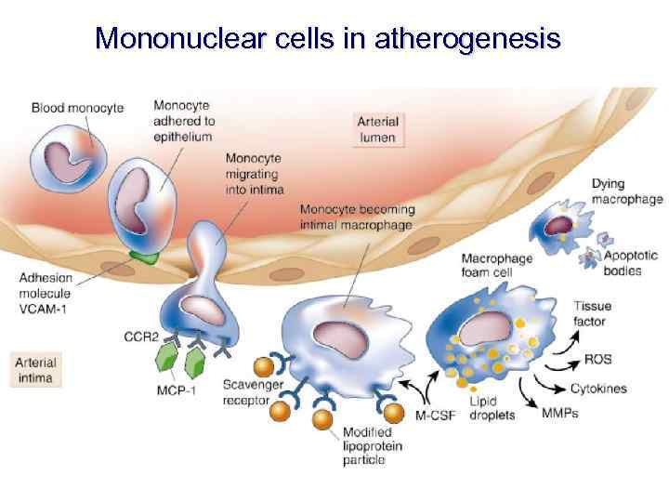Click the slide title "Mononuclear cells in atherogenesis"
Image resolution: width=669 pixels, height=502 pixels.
pyautogui.click(x=327, y=39)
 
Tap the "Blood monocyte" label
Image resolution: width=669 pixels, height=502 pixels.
pyautogui.click(x=77, y=108)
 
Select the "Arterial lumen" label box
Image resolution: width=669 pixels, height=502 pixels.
pyautogui.click(x=378, y=129)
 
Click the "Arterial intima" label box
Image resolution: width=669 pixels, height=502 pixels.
pyautogui.click(x=36, y=370)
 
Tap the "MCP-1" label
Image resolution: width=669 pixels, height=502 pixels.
pyautogui.click(x=176, y=390)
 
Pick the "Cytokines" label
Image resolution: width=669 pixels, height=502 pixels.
pyautogui.click(x=600, y=388)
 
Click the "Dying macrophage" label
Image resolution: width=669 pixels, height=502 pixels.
pyautogui.click(x=627, y=191)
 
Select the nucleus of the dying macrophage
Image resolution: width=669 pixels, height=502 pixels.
pyautogui.click(x=558, y=225)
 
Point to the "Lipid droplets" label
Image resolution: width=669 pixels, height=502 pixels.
pyautogui.click(x=492, y=408)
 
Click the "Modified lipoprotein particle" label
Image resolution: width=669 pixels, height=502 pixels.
pyautogui.click(x=373, y=445)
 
